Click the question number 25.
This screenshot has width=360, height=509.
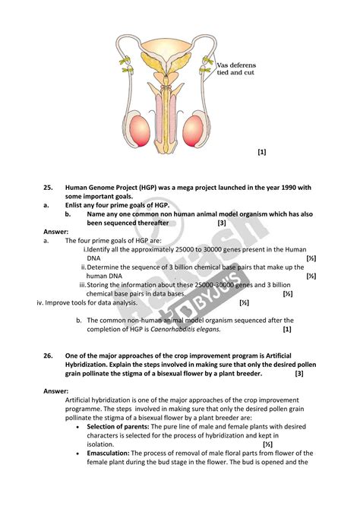point(48,188)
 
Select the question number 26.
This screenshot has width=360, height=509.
point(48,355)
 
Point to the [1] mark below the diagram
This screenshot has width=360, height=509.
point(262,152)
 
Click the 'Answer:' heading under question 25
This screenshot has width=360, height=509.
point(56,232)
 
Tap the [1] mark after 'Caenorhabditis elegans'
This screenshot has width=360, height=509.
point(287,330)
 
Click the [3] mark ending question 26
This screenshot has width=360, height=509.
point(299,373)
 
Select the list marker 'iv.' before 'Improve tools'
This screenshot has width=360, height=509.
point(43,302)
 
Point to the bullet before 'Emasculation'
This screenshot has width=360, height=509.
point(80,453)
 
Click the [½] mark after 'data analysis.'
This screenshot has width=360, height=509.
point(244,302)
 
